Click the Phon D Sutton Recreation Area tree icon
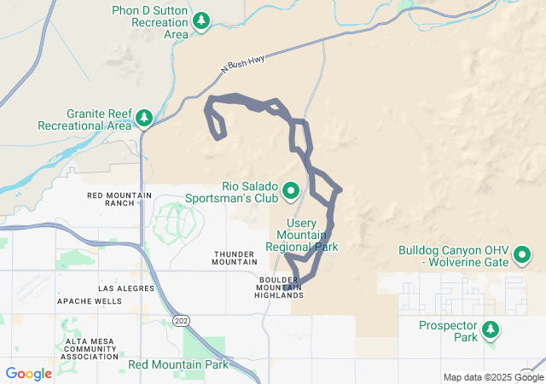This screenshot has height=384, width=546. [201, 20]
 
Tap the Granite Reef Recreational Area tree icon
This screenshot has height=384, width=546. [144, 118]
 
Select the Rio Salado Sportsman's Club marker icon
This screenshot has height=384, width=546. [290, 190]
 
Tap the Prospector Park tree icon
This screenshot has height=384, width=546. [491, 329]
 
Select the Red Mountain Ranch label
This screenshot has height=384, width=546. [119, 199]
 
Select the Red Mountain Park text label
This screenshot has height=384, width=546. [177, 365]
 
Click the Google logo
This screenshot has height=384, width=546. [28, 374]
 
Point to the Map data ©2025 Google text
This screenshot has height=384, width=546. [492, 377]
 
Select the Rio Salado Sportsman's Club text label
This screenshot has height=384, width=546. [233, 192]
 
